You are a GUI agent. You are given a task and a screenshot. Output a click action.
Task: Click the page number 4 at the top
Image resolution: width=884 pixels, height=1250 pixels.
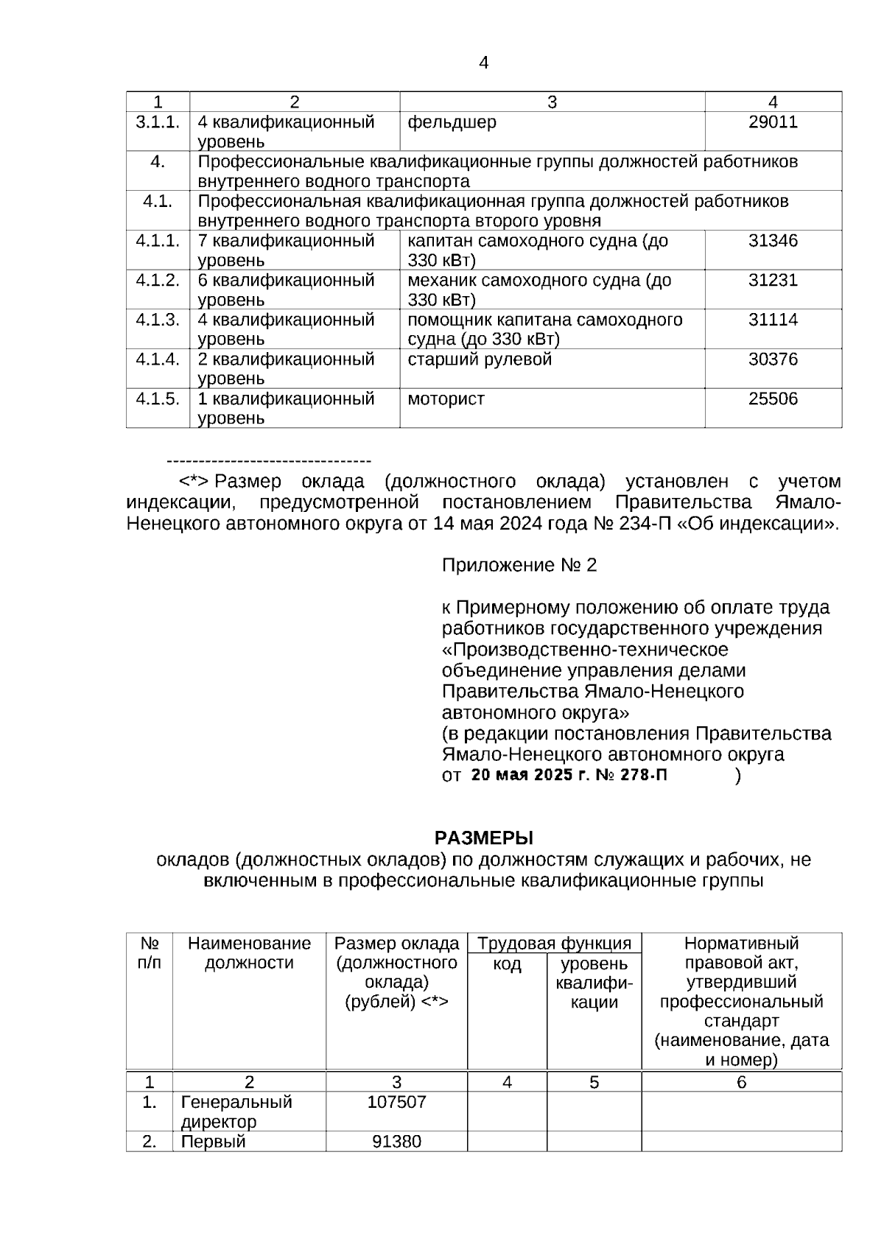[x=483, y=63]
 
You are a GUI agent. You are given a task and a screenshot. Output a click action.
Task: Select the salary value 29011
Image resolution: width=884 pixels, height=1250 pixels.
[x=773, y=122]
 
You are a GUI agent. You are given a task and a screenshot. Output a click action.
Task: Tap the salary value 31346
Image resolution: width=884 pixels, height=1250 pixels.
[x=773, y=241]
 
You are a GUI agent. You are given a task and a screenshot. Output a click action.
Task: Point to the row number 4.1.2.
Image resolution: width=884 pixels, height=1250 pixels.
[x=158, y=281]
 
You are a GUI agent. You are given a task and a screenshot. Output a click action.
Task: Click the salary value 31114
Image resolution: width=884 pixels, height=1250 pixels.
[x=773, y=320]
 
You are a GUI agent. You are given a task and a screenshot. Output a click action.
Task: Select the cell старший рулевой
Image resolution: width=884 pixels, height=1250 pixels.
[x=480, y=359]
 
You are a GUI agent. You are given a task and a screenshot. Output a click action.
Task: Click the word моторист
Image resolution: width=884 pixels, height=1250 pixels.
[x=446, y=399]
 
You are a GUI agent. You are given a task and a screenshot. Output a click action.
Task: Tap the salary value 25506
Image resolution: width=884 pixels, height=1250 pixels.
[x=773, y=399]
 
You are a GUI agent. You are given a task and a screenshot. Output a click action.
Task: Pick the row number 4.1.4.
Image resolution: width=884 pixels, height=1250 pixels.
[x=158, y=359]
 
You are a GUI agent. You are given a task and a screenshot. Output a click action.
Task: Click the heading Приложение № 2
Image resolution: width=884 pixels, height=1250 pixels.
[x=519, y=566]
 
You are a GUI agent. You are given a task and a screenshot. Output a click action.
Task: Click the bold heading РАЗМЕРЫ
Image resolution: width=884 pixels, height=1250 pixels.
[x=483, y=838]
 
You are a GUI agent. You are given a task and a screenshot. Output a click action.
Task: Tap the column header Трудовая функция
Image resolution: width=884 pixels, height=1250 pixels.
[x=554, y=944]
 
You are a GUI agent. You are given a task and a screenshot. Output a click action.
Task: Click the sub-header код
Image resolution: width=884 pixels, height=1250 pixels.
[x=507, y=964]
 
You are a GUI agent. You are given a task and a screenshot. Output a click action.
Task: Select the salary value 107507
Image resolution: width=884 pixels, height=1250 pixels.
[x=396, y=1103]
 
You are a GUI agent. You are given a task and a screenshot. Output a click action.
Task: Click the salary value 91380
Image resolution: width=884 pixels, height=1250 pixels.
[x=396, y=1142]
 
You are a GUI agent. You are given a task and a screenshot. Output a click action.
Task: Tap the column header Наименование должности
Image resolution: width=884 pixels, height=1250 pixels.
[x=249, y=953]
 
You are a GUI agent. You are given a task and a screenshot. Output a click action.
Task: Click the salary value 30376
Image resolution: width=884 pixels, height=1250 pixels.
[x=773, y=359]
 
